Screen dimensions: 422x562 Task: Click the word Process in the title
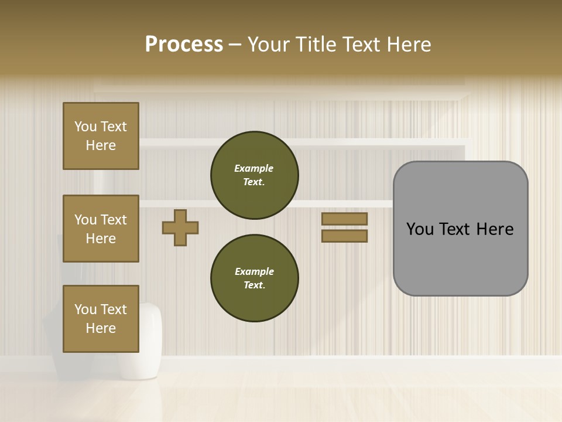(x=184, y=45)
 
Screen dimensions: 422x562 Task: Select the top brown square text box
(x=101, y=136)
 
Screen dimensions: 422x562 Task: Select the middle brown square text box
(x=101, y=229)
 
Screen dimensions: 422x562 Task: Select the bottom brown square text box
(x=101, y=318)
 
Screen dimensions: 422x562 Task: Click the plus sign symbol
(x=180, y=227)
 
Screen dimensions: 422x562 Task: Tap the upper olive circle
(x=254, y=175)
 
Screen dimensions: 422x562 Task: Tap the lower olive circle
(x=254, y=278)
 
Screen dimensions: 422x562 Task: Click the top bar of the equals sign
(x=344, y=219)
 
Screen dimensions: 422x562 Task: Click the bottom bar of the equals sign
(x=344, y=236)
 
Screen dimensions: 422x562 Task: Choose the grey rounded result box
(x=460, y=229)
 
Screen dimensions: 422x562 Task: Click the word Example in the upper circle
(x=253, y=168)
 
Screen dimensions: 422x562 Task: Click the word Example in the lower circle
(x=254, y=271)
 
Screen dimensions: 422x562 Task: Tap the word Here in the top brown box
(x=101, y=145)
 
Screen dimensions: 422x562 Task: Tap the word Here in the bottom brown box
(x=101, y=328)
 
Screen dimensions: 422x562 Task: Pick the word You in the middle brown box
(x=84, y=220)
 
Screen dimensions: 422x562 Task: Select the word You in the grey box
(x=419, y=229)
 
